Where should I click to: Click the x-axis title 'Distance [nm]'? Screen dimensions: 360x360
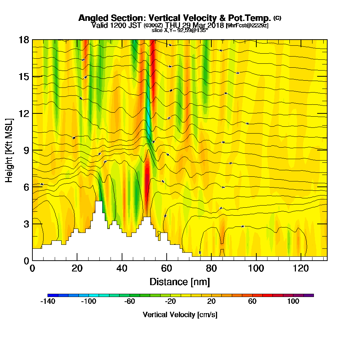tap(180, 281)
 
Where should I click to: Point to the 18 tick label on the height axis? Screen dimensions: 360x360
tap(24, 40)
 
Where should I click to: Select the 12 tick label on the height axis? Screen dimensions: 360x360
tap(24, 113)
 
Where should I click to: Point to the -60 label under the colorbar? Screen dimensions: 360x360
tap(129, 302)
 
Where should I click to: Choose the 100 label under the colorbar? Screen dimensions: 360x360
tap(293, 302)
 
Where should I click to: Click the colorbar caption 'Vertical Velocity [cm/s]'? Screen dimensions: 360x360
tap(180, 315)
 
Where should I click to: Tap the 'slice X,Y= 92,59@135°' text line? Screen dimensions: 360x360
tap(180, 31)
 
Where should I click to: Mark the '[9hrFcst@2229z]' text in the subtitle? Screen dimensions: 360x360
tap(247, 26)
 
